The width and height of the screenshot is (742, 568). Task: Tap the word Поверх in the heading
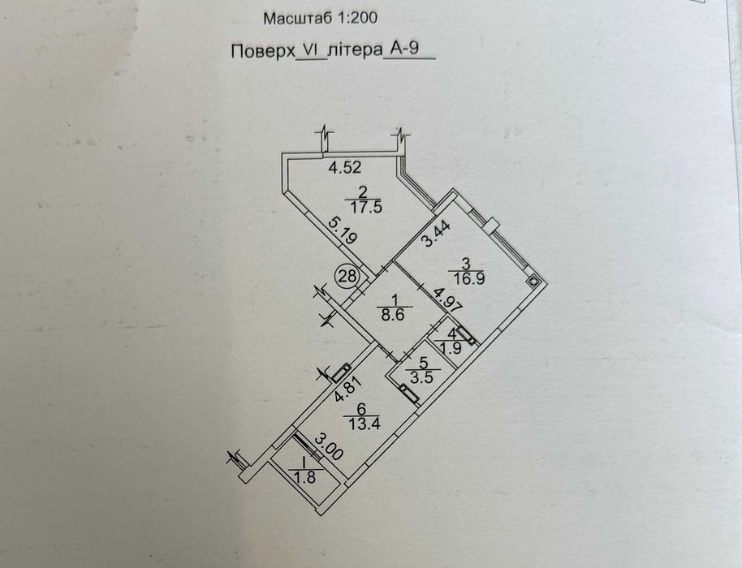coord(263,50)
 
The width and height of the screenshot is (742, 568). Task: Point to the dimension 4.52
coord(346,167)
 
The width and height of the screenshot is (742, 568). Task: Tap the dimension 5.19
coord(342,230)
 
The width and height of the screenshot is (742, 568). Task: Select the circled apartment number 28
coord(347,276)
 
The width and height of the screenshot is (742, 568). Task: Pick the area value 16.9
coord(469,278)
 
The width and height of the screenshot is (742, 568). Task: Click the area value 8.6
coord(393,315)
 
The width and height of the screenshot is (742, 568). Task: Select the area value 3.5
coord(422,378)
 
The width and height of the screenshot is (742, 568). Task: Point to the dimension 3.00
coord(327,447)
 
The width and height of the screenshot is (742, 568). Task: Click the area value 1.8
coord(304,478)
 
